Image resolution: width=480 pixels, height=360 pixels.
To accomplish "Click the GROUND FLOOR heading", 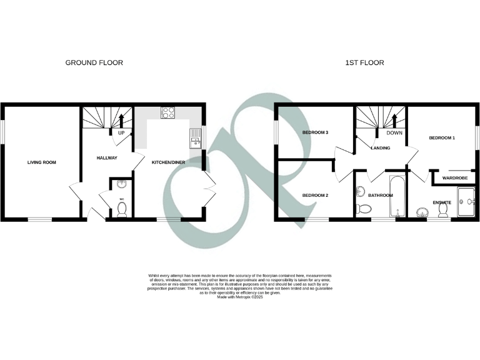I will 94,62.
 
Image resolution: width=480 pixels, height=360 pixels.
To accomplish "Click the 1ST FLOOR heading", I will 364,62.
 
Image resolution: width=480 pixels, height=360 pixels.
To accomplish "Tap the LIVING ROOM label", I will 41,162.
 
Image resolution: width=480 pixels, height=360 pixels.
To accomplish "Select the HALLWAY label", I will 107,157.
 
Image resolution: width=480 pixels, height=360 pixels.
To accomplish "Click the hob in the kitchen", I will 168,112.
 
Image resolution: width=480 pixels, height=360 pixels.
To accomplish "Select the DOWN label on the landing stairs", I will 394,133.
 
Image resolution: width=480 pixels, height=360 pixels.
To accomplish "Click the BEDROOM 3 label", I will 316,133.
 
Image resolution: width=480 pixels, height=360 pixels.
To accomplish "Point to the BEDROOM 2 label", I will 316,196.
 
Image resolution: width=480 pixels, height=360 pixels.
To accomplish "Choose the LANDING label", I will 381,148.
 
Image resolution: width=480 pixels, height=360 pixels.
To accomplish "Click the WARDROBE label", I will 455,178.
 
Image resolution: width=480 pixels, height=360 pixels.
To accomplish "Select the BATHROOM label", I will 380,196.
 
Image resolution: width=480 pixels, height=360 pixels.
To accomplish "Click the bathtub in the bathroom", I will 397,197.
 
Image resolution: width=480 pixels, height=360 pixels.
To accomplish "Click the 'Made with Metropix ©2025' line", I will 240,296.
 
